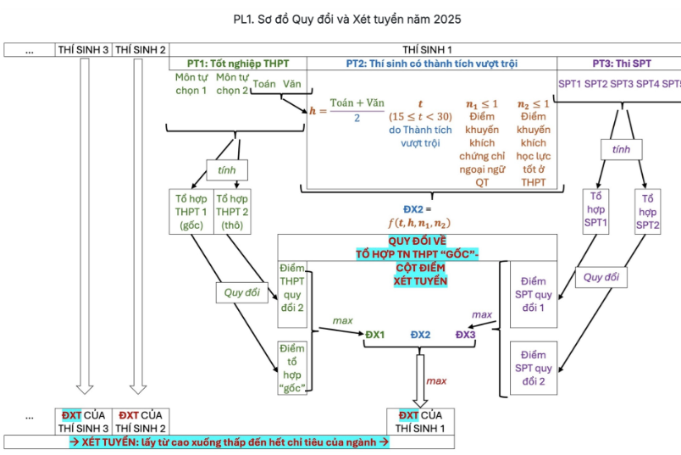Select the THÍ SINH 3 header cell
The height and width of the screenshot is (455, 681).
[84, 50]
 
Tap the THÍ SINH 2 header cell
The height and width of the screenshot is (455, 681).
[140, 50]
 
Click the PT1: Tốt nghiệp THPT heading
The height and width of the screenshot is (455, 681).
[238, 64]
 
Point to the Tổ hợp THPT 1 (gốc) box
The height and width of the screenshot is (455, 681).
[191, 212]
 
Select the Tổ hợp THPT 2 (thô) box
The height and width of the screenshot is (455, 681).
[232, 212]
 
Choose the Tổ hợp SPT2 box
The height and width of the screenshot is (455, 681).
[648, 212]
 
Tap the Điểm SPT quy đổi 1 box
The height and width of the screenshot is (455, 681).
[534, 294]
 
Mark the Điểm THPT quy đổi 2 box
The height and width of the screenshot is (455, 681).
[292, 294]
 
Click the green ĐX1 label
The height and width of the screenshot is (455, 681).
[374, 335]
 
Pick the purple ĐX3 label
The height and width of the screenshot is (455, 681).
[466, 335]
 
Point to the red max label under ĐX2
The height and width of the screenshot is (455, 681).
[436, 380]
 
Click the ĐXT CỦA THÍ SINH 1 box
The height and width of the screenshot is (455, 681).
[420, 421]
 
